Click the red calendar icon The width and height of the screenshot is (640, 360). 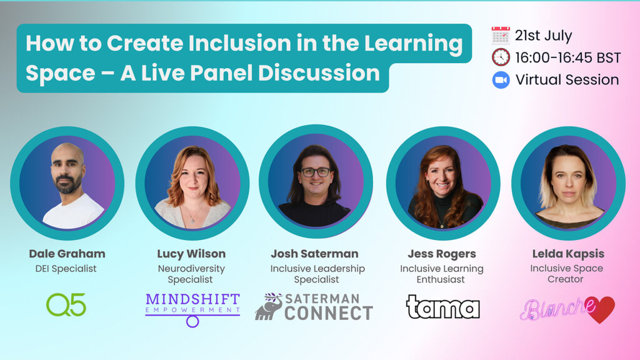point(501,36)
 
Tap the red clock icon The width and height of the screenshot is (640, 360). point(501,57)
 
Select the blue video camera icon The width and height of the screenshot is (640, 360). point(501,80)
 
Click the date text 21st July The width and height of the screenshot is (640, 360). point(543,36)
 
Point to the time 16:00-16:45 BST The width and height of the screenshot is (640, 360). point(567,57)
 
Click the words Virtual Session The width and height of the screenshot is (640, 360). point(567,79)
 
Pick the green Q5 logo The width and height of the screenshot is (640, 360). point(66,304)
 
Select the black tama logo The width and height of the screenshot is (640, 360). point(442,306)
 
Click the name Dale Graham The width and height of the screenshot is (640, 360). point(67,254)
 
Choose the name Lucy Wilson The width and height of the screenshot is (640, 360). point(191,254)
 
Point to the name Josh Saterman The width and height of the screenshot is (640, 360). point(315,254)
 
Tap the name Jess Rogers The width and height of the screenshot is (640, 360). point(442,254)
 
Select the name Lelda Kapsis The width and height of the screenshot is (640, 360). point(568,254)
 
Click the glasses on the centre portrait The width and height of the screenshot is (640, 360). point(316,172)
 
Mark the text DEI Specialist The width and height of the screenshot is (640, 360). point(66,269)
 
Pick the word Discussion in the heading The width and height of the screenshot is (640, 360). point(319,73)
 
